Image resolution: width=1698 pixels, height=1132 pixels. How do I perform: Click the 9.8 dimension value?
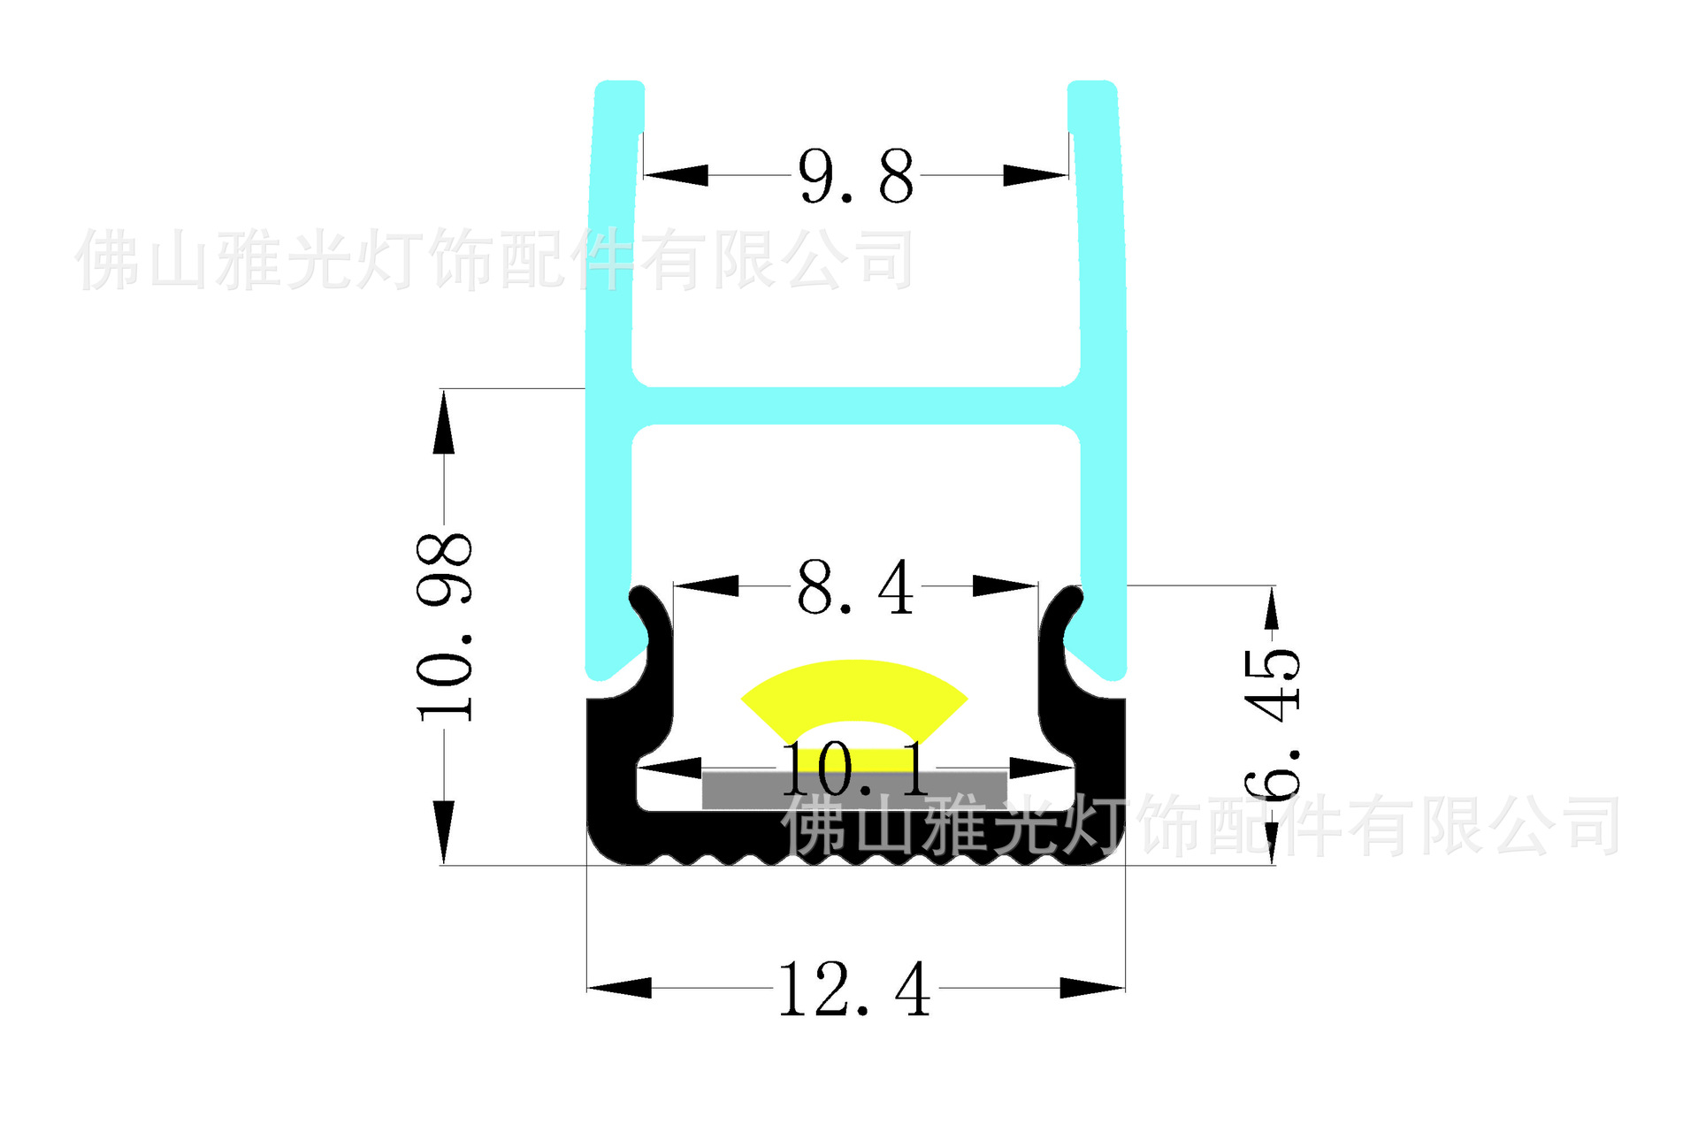(x=855, y=177)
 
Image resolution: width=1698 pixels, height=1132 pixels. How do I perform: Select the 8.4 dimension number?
(x=855, y=587)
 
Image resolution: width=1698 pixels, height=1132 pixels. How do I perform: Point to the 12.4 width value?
(x=855, y=990)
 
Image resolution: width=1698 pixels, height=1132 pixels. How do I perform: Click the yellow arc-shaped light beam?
(x=854, y=685)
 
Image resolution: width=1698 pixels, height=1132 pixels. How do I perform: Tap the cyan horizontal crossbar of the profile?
(x=855, y=406)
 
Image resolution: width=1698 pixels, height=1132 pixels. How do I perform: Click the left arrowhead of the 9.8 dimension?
(x=677, y=174)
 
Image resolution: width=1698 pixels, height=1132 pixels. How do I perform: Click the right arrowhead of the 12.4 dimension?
(x=1093, y=988)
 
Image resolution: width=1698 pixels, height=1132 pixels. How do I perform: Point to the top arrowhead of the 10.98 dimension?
(x=444, y=422)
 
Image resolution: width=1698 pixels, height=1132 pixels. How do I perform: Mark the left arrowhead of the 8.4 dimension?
(x=707, y=585)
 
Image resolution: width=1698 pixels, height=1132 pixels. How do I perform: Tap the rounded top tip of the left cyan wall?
(x=619, y=88)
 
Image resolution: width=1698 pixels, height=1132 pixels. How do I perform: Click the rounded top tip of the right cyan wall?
(x=1092, y=88)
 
